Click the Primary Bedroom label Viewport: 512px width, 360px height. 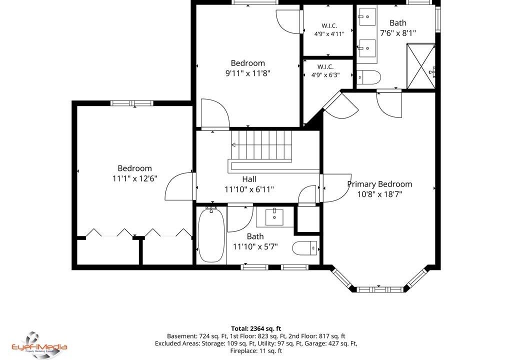379,184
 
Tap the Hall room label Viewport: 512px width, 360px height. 249,179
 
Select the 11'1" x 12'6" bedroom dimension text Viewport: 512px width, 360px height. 135,178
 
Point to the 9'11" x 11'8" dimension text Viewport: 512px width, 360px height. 248,73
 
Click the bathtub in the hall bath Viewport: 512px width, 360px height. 211,234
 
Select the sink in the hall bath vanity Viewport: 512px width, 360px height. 274,217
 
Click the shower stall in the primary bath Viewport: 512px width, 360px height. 421,66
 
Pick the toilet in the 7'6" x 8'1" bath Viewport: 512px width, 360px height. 368,77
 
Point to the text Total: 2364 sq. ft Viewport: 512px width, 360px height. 256,328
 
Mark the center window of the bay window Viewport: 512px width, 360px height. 379,289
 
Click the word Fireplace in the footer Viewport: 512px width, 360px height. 243,351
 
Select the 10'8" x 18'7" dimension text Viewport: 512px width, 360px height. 379,194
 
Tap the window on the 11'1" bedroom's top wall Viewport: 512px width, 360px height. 132,103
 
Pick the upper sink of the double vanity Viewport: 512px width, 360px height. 367,16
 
